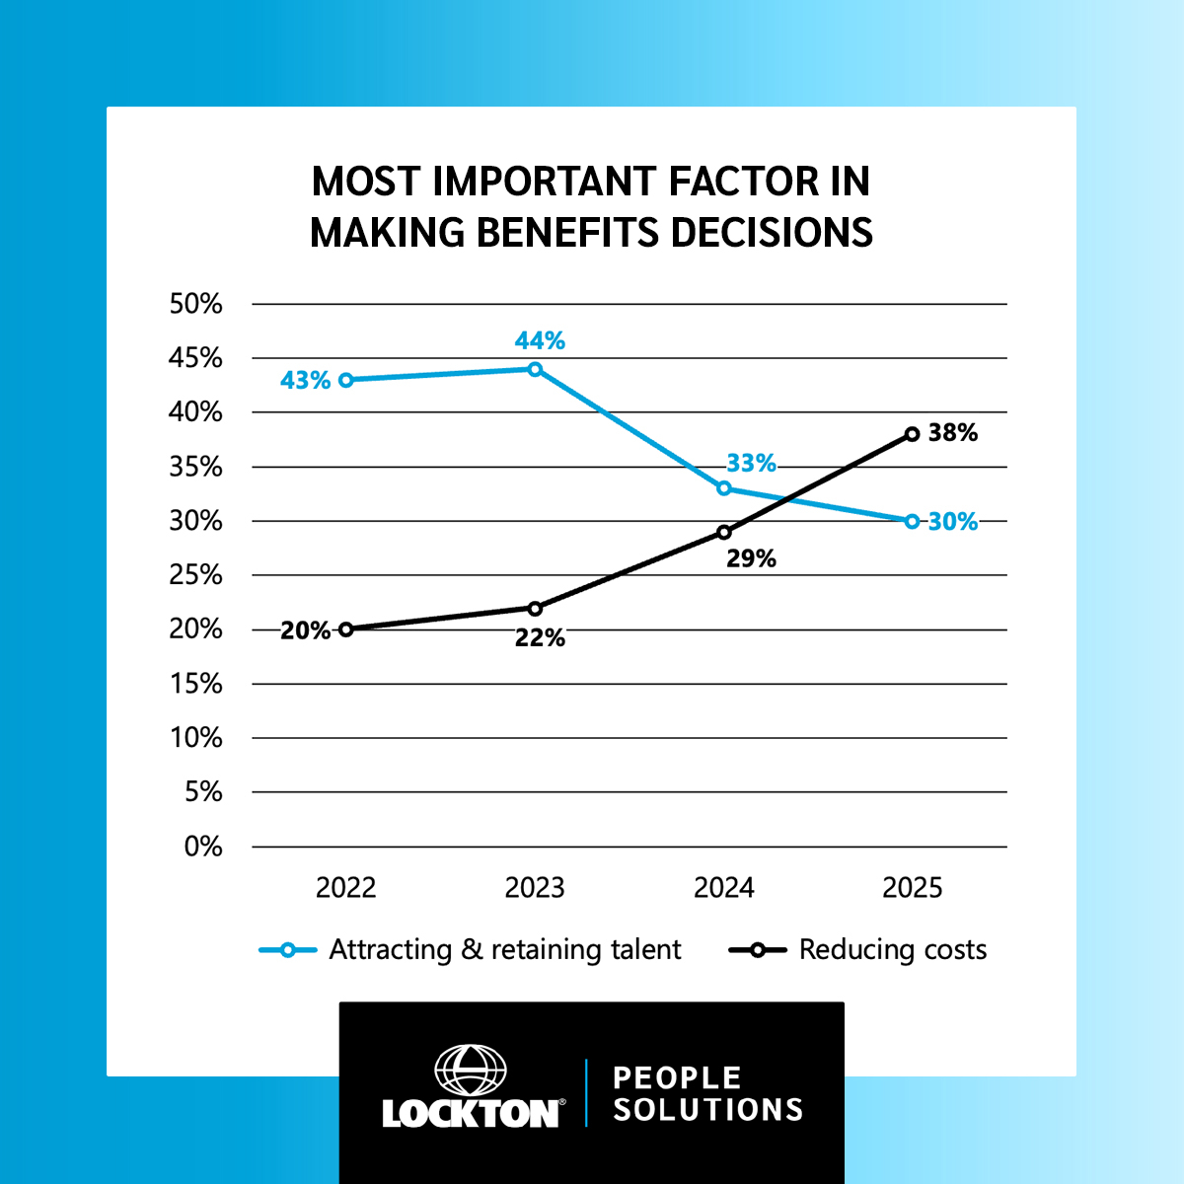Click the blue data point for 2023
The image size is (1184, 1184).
tap(535, 369)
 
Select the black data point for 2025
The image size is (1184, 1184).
tap(912, 434)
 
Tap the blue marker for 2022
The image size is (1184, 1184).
tap(345, 380)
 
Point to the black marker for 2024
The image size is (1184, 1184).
tap(724, 532)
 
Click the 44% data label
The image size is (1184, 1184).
tap(540, 341)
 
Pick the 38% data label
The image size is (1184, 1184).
tap(953, 433)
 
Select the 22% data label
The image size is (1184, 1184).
tap(540, 638)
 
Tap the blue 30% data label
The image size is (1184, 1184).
tap(953, 522)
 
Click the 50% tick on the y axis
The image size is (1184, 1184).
tap(196, 304)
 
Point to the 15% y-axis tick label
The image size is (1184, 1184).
tap(196, 684)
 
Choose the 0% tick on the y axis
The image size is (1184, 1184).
tap(203, 847)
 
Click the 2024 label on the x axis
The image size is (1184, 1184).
tap(724, 888)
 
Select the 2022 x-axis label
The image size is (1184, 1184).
tap(345, 888)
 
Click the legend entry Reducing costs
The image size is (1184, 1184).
tap(892, 950)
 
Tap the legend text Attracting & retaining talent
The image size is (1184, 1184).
tap(504, 950)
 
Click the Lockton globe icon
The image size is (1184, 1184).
tap(471, 1071)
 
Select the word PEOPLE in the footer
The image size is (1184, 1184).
tap(677, 1077)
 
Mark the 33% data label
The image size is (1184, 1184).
tap(752, 464)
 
